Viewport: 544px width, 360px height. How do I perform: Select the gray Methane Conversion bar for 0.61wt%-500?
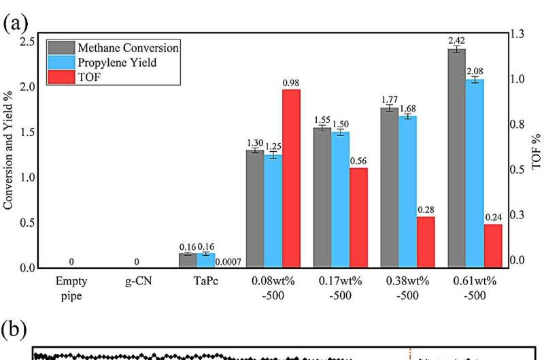[x=456, y=157]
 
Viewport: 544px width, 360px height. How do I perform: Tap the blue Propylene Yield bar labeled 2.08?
[x=475, y=173]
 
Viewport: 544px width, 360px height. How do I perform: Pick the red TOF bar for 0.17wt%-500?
[x=358, y=217]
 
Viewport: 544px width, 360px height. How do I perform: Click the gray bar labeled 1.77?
[x=389, y=187]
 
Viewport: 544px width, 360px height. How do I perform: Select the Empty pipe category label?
[x=71, y=286]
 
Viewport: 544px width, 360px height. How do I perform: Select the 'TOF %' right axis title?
[x=535, y=150]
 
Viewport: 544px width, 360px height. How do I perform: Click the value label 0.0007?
[x=228, y=262]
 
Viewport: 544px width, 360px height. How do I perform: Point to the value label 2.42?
[x=456, y=42]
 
